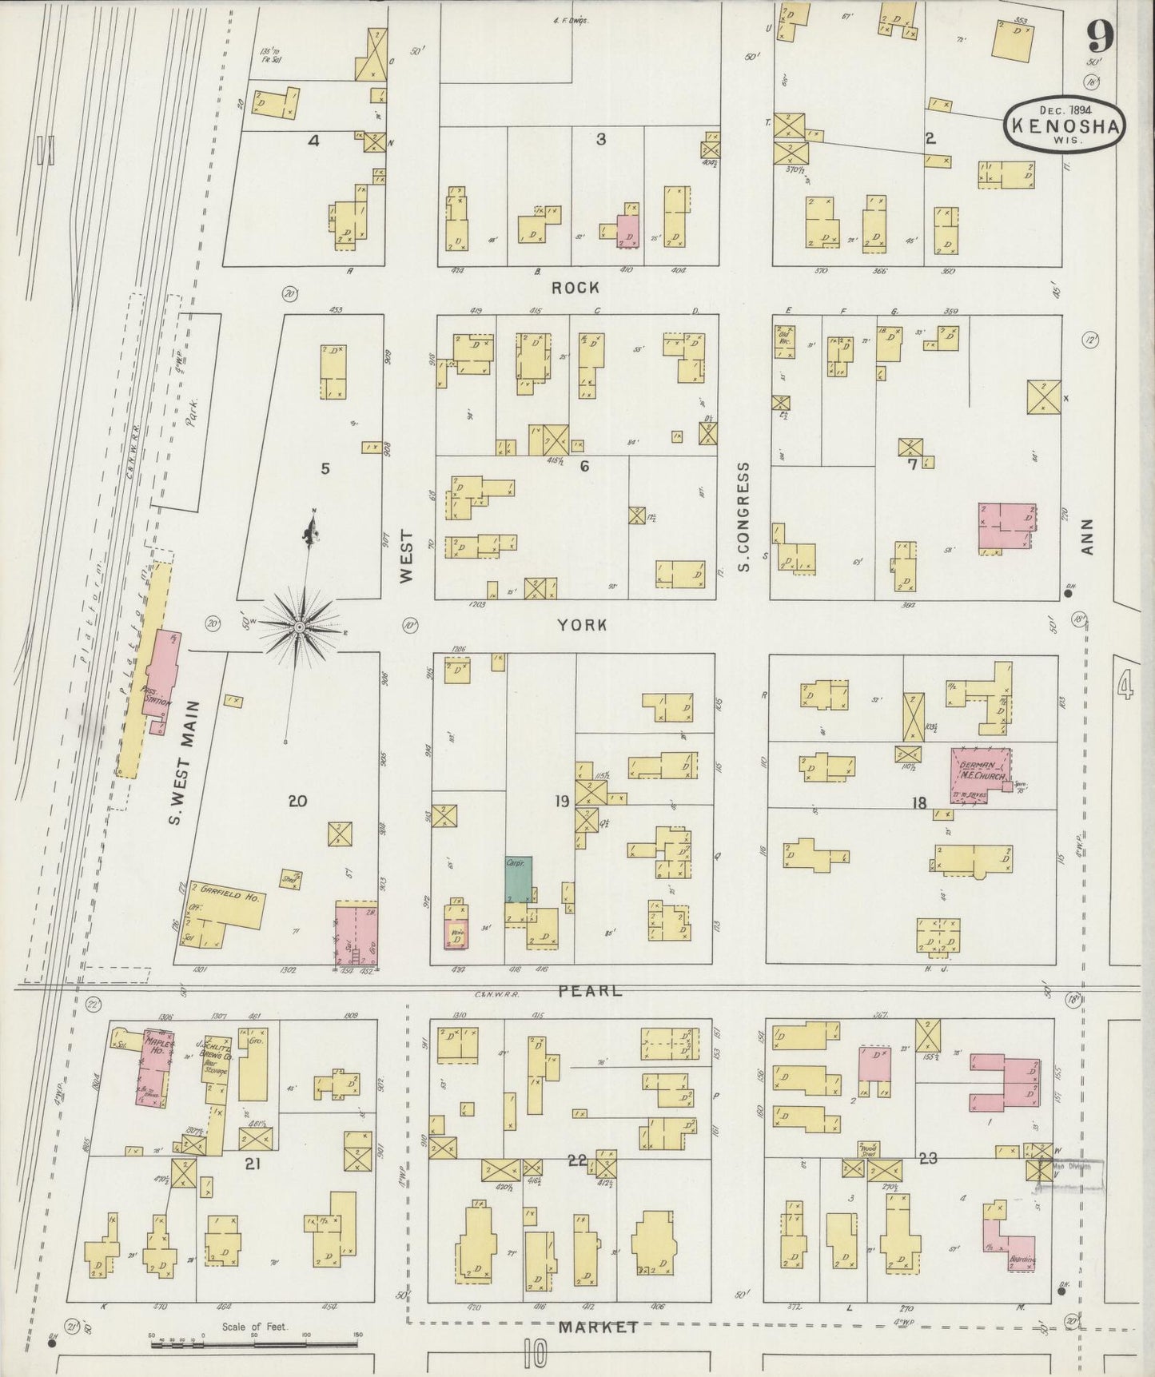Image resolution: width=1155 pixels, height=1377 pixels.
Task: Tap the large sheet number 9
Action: (1101, 36)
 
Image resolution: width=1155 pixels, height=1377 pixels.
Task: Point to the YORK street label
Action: (582, 625)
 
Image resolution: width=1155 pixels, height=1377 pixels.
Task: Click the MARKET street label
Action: (598, 1327)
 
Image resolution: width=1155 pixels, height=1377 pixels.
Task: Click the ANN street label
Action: (1086, 537)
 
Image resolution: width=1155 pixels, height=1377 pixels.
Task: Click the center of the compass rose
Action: (299, 627)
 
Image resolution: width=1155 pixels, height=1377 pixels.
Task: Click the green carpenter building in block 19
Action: (518, 880)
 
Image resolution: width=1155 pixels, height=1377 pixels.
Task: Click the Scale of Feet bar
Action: (256, 1345)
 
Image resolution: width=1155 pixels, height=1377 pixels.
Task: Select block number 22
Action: (577, 1160)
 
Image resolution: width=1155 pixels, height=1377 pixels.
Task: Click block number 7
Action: (912, 464)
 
